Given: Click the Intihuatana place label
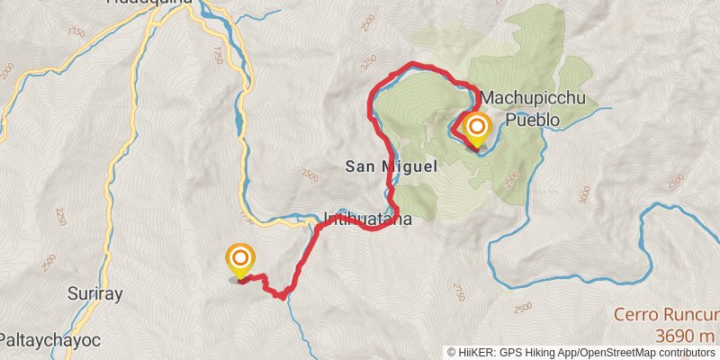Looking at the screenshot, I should coord(367,219).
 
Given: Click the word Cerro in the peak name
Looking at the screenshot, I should coord(635,315).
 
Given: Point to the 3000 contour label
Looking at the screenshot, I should coord(586,193).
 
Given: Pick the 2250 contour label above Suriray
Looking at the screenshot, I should coord(60,217).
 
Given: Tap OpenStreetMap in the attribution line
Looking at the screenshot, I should coord(622,353).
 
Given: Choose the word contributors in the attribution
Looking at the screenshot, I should coord(686,353).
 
